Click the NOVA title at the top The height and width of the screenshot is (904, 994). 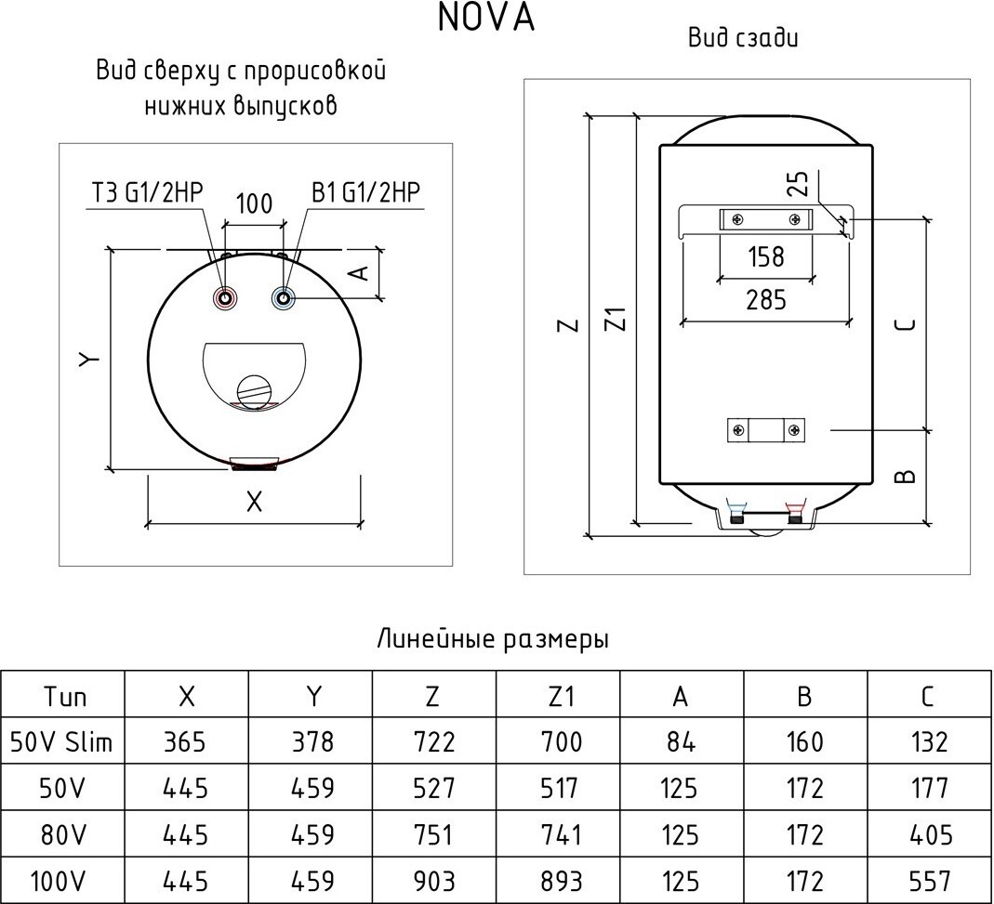pyautogui.click(x=486, y=19)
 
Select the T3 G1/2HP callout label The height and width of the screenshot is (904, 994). pyautogui.click(x=147, y=192)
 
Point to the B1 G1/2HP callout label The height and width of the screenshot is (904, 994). pyautogui.click(x=366, y=192)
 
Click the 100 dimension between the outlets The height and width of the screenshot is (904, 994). pyautogui.click(x=254, y=203)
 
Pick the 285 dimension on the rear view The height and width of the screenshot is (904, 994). pyautogui.click(x=765, y=299)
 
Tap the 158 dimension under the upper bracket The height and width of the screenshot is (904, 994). pyautogui.click(x=765, y=255)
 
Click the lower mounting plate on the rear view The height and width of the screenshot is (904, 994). pyautogui.click(x=765, y=430)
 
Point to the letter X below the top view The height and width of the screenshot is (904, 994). pyautogui.click(x=254, y=502)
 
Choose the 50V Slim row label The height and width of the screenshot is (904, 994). pyautogui.click(x=61, y=741)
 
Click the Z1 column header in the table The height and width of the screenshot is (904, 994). pyautogui.click(x=558, y=697)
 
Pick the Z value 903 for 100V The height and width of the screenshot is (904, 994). pyautogui.click(x=433, y=880)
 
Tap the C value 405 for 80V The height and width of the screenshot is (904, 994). pyautogui.click(x=928, y=833)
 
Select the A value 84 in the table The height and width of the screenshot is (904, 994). pyautogui.click(x=681, y=741)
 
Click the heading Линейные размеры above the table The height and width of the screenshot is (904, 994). pyautogui.click(x=493, y=640)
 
